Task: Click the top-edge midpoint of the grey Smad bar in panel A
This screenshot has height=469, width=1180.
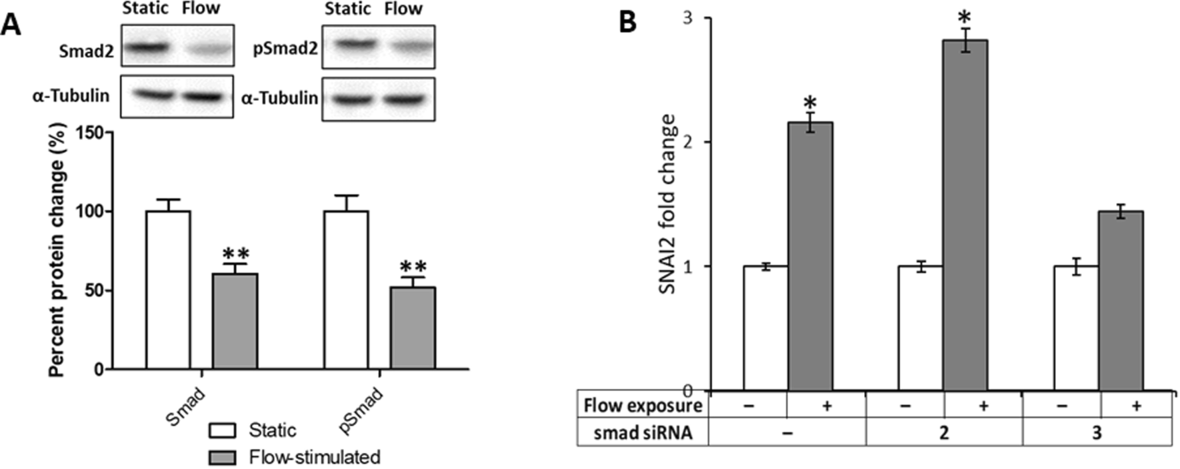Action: pyautogui.click(x=235, y=274)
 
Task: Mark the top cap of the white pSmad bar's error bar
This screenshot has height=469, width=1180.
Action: pyautogui.click(x=346, y=195)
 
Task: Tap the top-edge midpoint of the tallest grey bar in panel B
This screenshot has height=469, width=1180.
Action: pyautogui.click(x=965, y=41)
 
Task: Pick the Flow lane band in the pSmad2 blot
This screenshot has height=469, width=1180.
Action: pyautogui.click(x=406, y=47)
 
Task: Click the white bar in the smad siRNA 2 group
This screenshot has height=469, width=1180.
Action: pyautogui.click(x=920, y=328)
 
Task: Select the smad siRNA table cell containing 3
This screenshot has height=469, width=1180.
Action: pyautogui.click(x=1097, y=432)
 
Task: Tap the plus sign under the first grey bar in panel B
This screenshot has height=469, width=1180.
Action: pyautogui.click(x=826, y=405)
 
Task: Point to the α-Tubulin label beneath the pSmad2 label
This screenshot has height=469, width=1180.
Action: pyautogui.click(x=280, y=98)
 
